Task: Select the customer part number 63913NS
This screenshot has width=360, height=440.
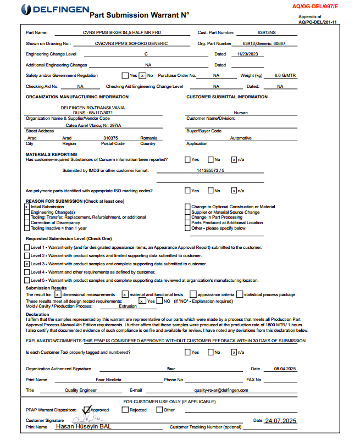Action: click(x=267, y=33)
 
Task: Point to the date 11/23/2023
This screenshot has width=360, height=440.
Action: click(x=247, y=54)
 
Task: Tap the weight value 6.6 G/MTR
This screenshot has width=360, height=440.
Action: click(x=285, y=75)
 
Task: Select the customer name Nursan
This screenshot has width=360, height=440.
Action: click(x=241, y=112)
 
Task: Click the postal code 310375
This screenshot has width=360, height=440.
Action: click(x=110, y=138)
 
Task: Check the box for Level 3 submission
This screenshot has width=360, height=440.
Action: click(x=26, y=264)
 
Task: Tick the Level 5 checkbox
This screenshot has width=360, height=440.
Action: click(x=26, y=280)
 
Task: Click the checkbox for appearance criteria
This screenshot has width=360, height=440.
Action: click(x=193, y=294)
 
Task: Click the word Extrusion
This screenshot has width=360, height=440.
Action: click(x=128, y=307)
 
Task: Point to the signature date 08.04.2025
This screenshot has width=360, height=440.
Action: click(x=280, y=369)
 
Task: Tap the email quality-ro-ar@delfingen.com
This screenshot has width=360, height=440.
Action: click(x=218, y=390)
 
